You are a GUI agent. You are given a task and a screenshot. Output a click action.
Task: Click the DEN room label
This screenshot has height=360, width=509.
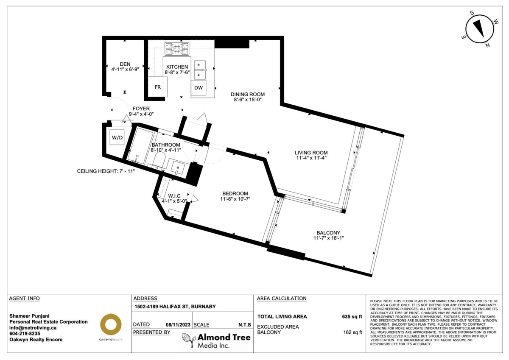point(125,64)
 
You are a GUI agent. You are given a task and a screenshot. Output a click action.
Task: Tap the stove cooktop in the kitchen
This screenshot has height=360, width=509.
point(177,49)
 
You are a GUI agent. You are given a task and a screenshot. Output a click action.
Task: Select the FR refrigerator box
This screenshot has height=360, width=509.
point(158,87)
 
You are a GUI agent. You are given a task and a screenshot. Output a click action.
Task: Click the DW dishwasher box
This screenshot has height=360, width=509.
point(199,88)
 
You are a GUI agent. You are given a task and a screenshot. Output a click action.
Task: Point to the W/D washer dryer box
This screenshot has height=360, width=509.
point(117,137)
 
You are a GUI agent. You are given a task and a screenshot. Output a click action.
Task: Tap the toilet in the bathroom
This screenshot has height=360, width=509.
point(158,160)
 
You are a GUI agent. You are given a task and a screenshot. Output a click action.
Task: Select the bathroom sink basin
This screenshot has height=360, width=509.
point(178,167)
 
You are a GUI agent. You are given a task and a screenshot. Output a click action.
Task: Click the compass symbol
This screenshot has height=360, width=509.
point(479,30)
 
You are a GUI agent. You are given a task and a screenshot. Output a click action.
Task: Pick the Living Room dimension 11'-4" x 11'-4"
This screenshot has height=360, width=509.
point(311,158)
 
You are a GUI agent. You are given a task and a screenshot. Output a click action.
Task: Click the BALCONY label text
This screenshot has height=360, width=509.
point(328,233)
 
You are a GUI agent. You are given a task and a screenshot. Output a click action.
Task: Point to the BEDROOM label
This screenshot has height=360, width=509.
point(235,193)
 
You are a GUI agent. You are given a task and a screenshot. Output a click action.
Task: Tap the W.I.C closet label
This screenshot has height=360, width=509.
point(174,196)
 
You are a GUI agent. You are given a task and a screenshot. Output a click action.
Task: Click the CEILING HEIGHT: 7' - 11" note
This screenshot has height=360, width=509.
point(106,171)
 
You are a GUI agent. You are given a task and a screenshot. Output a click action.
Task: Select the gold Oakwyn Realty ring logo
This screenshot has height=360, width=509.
point(111,324)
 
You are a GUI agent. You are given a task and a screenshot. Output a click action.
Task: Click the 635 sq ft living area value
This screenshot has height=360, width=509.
point(352,317)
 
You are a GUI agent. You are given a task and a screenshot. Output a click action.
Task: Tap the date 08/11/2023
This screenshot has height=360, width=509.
point(178,325)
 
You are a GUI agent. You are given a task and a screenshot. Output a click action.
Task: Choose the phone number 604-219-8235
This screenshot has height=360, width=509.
point(25,334)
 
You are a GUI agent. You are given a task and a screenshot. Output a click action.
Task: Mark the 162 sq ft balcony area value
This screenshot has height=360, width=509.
point(352,332)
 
